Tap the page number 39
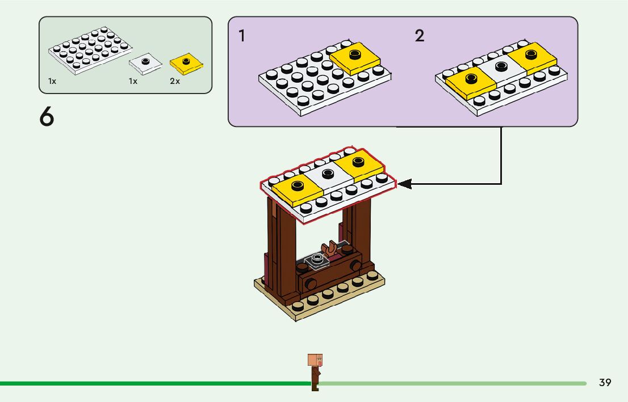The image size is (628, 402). coord(605,383)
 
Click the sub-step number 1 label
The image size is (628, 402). coord(242,36)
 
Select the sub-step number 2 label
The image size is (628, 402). coord(420,36)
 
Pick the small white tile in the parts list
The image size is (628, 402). coord(145,64)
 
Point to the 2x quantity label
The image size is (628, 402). coord(175,82)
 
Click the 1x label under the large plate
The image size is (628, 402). coord(52,82)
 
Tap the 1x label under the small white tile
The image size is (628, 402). coord(133,82)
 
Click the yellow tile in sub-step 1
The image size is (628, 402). coord(355,58)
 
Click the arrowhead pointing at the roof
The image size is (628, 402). coord(404,184)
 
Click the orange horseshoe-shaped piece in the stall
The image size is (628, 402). coord(328,248)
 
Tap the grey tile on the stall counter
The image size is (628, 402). coord(317,261)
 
